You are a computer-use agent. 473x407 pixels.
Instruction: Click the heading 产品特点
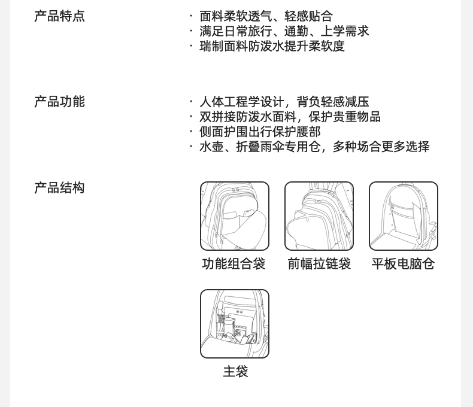point(59,16)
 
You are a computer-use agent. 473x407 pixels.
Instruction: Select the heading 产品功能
point(59,102)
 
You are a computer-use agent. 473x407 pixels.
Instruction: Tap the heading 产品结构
point(59,188)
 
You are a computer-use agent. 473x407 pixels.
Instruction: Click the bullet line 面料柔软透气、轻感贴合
point(266,16)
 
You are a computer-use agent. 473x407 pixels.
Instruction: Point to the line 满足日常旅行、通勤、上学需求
point(284,31)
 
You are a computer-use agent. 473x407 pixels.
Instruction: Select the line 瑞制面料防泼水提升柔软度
point(272,46)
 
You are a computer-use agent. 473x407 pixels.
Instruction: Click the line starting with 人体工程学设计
point(284,102)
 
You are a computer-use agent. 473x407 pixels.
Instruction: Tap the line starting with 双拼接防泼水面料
point(290,117)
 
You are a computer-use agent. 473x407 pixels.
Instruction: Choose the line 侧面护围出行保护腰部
point(260,132)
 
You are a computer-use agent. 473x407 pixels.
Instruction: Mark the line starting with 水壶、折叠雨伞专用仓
point(314,147)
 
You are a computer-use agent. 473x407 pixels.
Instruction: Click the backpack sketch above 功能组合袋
point(235,216)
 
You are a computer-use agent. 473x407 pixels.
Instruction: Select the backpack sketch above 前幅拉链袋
point(319,216)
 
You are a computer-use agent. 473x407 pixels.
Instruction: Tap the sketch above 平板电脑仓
point(404,216)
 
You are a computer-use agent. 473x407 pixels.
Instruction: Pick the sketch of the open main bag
point(235,324)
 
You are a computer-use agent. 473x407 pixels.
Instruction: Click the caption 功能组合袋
point(234,264)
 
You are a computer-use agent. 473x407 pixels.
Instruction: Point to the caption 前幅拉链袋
point(319,264)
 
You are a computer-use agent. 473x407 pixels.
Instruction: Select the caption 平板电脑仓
point(403,264)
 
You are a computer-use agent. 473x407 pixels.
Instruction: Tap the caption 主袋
point(235,372)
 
